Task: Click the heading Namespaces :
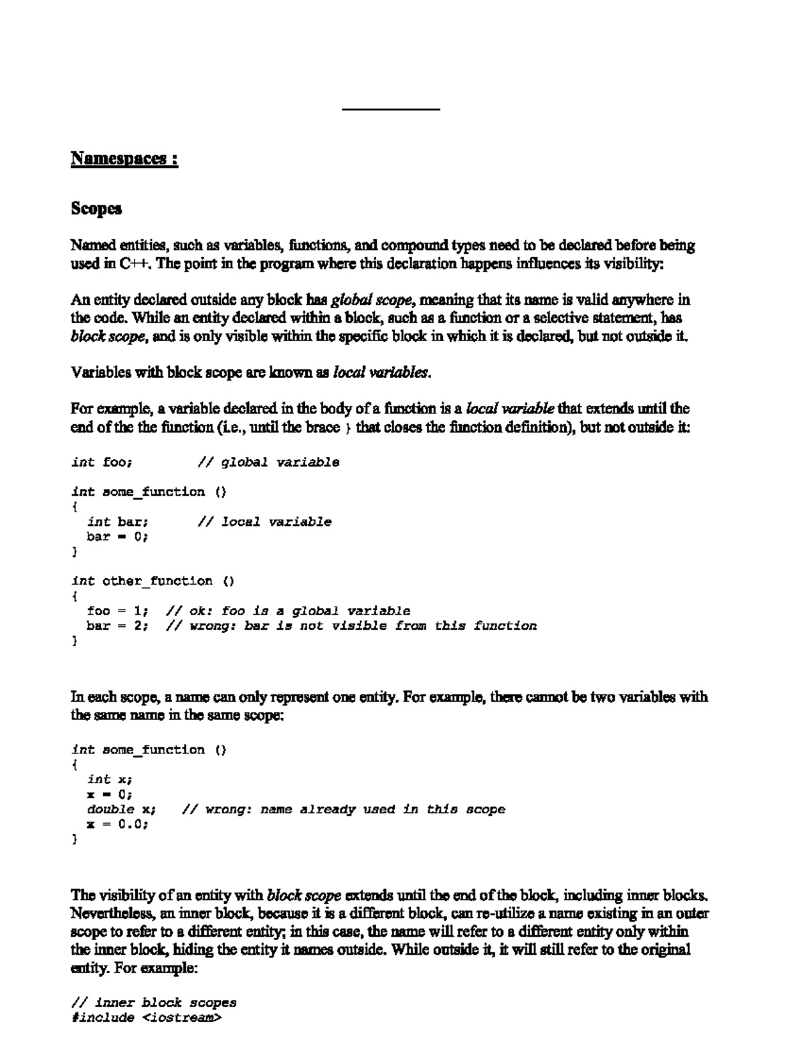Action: point(124,159)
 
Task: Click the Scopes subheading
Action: point(96,209)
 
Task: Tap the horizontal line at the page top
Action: point(391,109)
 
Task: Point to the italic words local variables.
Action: point(381,373)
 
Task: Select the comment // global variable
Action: point(268,462)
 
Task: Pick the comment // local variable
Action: point(264,522)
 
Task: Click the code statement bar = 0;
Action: point(117,537)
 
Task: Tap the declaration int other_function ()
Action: point(153,581)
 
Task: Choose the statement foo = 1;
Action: point(117,611)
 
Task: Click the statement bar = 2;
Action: point(117,626)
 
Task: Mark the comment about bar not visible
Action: point(351,626)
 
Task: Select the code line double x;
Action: point(121,809)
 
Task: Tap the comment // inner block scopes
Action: point(153,1003)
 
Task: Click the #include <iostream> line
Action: point(145,1018)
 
